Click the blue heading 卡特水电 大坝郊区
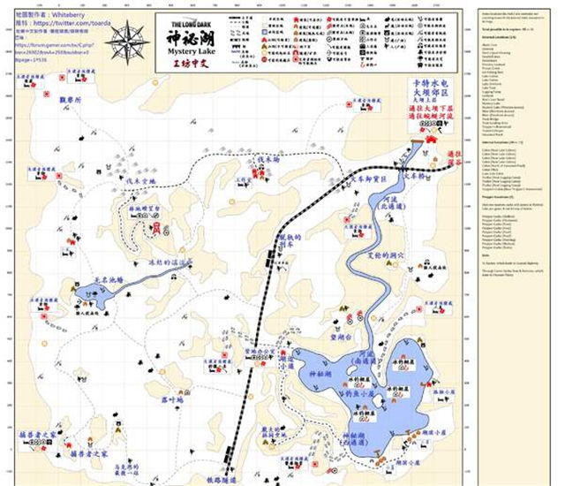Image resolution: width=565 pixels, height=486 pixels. tap(430, 90)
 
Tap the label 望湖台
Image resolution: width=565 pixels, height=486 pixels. tap(341, 337)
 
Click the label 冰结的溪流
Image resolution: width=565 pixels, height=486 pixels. tap(193, 263)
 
